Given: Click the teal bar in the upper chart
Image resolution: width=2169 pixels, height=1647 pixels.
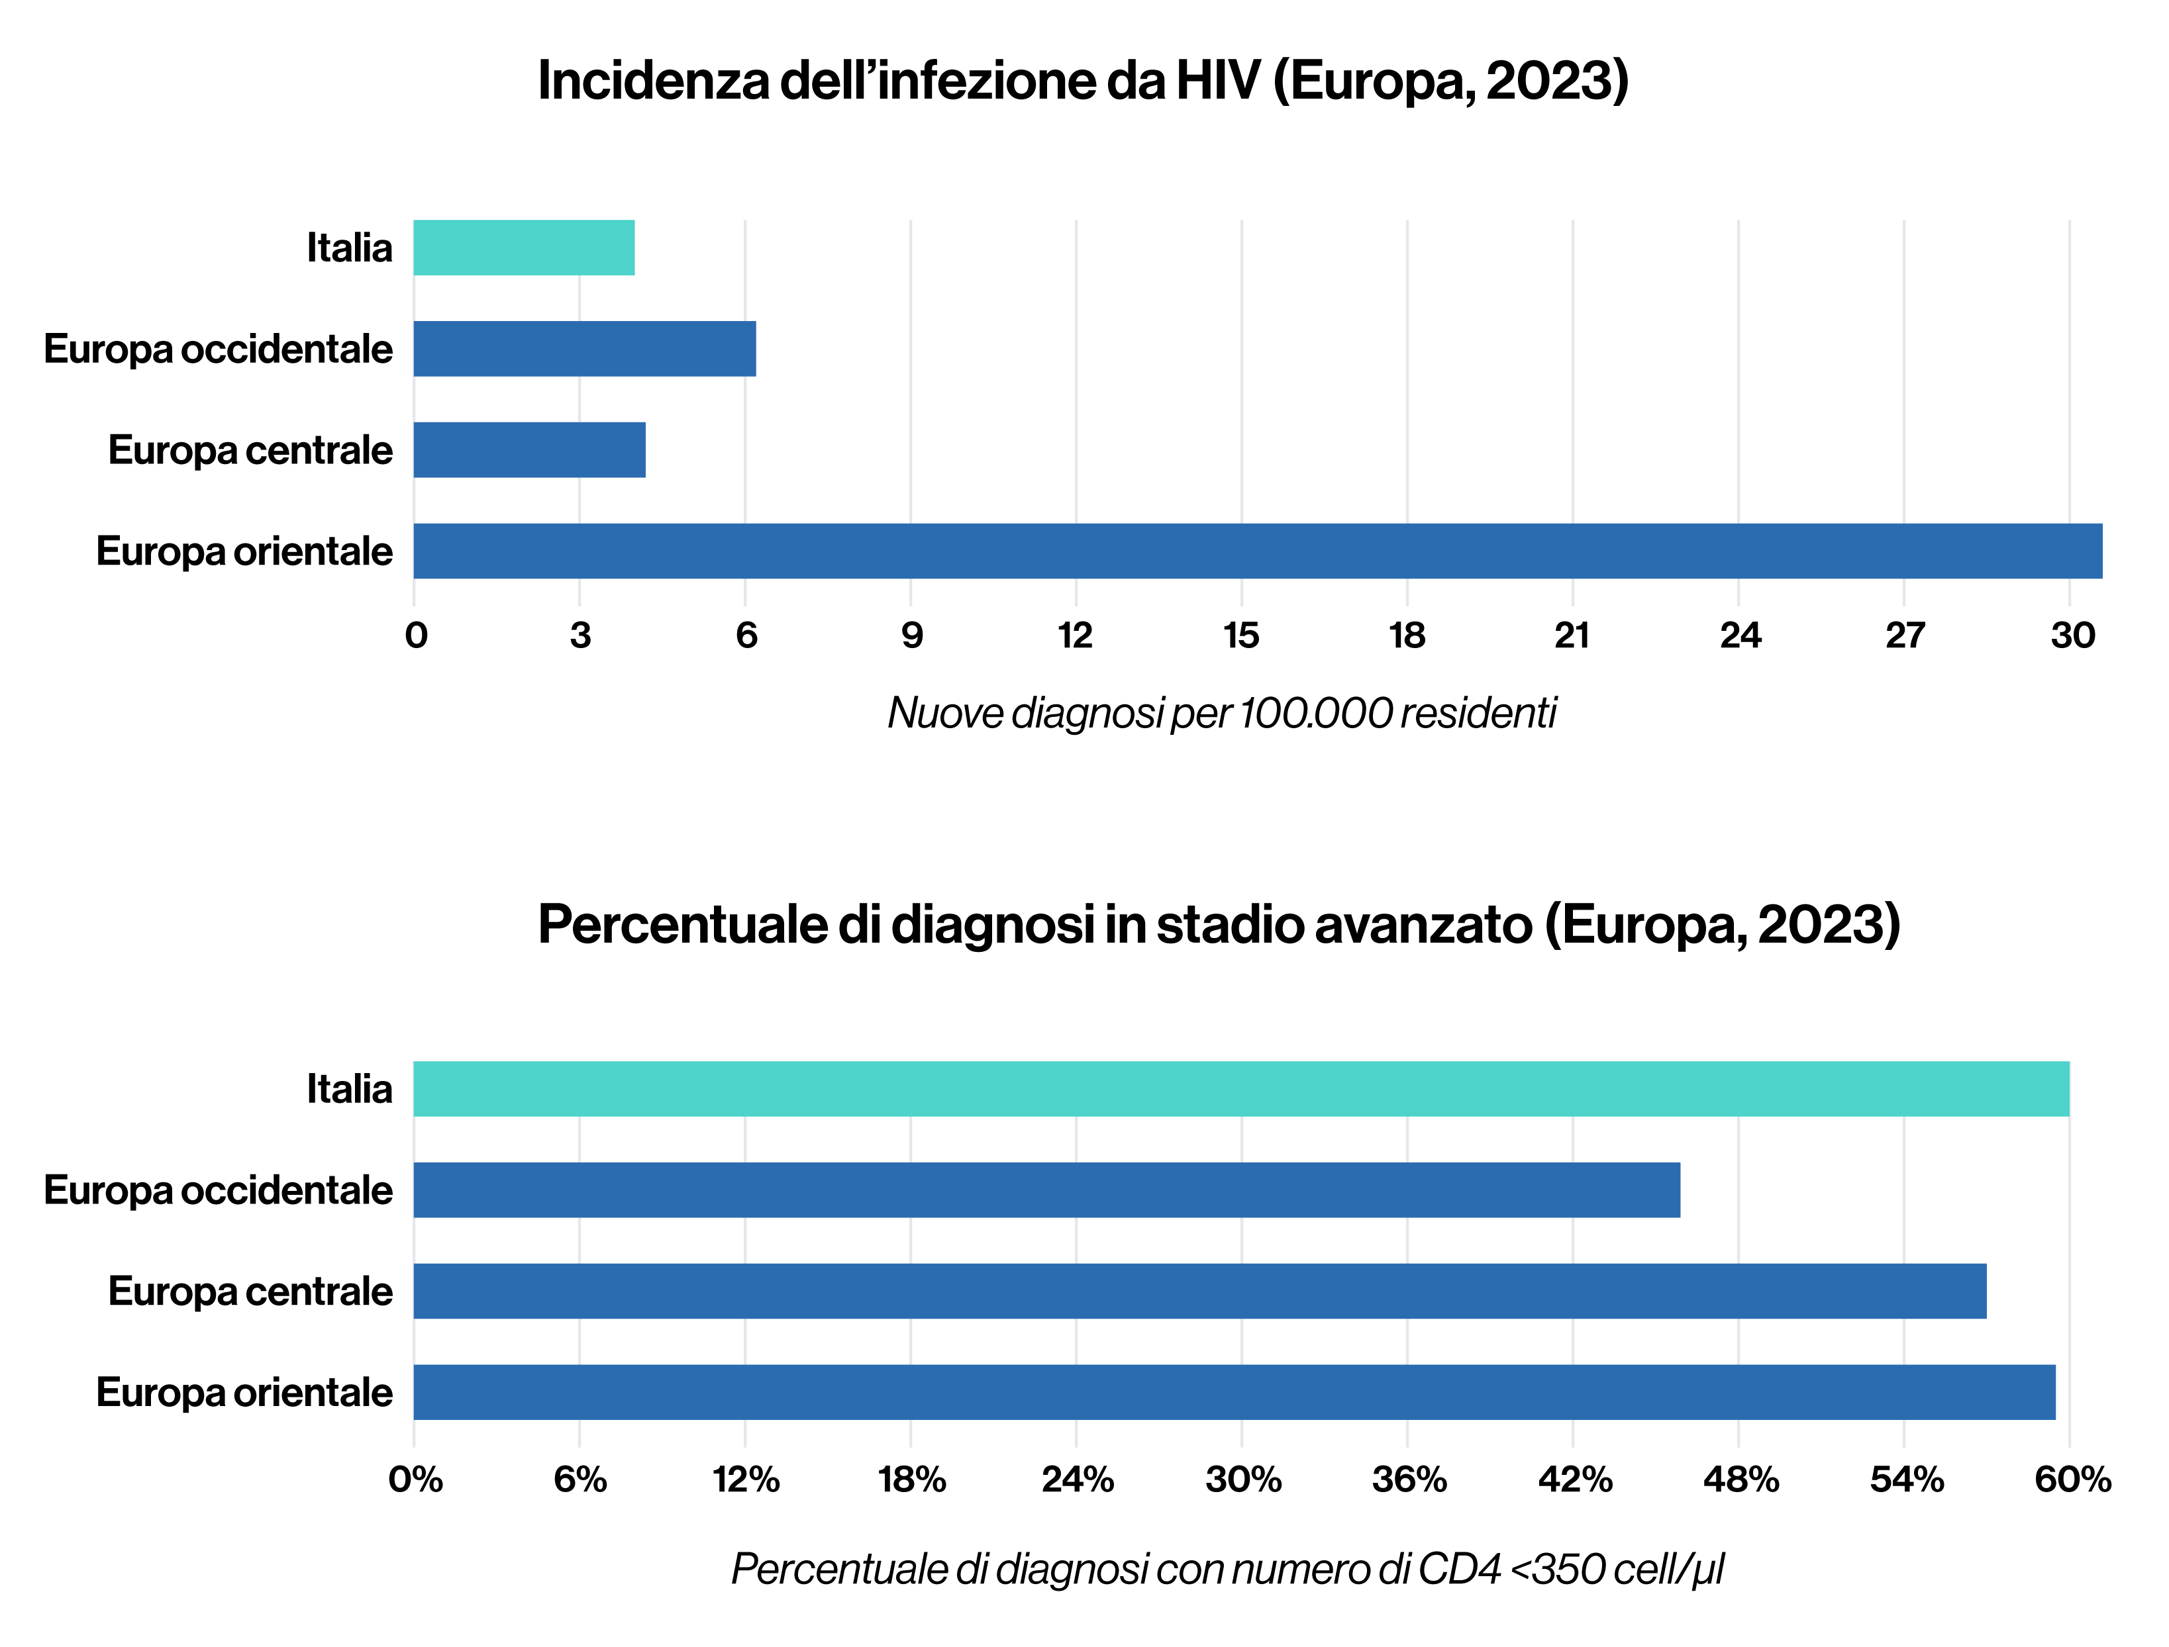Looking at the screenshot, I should click(x=524, y=247).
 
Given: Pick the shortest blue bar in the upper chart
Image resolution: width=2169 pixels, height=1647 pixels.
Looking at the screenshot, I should click(x=530, y=450).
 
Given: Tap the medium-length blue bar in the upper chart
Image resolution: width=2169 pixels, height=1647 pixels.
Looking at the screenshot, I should click(x=584, y=349).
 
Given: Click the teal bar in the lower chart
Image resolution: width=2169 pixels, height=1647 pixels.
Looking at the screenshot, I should click(x=1241, y=1088).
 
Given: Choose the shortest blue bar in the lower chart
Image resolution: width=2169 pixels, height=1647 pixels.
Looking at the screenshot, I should click(x=1047, y=1190).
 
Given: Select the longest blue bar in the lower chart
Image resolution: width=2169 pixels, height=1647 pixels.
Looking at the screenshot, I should click(x=1235, y=1392).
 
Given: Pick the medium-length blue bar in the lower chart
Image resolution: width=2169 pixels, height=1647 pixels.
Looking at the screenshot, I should click(x=1200, y=1291).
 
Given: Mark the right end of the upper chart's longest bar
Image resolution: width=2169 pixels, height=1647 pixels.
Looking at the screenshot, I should click(x=2100, y=551).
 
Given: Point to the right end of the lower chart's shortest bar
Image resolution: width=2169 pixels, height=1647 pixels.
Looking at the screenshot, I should click(x=1679, y=1190).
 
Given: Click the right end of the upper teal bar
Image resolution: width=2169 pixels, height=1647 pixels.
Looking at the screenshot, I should click(x=633, y=247).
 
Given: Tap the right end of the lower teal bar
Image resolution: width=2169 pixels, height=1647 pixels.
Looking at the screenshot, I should click(x=2068, y=1088).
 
